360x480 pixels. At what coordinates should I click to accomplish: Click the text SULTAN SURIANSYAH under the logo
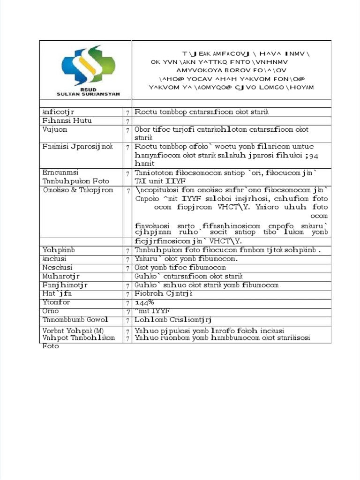click(x=88, y=94)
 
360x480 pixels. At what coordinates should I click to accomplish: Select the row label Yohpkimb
click(x=59, y=250)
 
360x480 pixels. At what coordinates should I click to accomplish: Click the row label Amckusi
click(x=54, y=259)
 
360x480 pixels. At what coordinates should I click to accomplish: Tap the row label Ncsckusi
click(x=56, y=268)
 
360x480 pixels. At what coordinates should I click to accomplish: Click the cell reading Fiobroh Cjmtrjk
click(x=164, y=293)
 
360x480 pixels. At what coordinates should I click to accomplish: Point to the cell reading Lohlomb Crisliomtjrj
click(x=173, y=320)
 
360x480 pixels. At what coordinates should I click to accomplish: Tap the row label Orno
click(x=51, y=311)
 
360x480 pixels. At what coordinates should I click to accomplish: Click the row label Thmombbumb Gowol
click(x=75, y=320)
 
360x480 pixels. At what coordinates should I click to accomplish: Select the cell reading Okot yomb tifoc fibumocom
click(x=180, y=268)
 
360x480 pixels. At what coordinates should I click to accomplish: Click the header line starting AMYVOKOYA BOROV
click(x=232, y=70)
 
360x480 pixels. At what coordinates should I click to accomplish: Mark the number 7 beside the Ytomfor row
click(x=127, y=303)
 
